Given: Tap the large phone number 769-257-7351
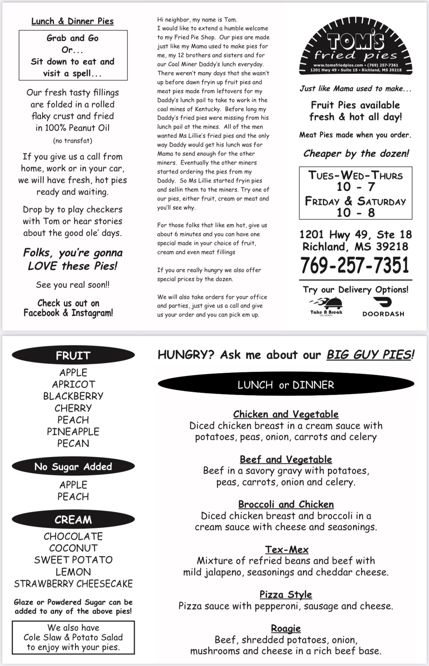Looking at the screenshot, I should tap(355, 265).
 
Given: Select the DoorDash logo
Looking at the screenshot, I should tap(383, 307).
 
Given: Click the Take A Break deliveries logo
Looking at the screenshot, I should tap(326, 307).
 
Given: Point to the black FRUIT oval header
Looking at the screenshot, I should tap(73, 355).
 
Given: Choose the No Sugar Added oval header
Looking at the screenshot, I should tap(73, 467).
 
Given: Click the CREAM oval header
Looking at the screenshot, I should tap(73, 520).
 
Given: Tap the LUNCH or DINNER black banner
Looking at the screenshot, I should tap(286, 384).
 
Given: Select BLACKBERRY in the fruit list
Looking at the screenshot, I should tap(73, 396).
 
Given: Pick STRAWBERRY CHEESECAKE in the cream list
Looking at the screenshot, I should tap(73, 584).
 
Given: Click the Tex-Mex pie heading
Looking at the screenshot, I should tap(287, 549).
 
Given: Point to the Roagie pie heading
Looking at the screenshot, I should tap(286, 628).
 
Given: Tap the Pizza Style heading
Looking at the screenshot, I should tap(286, 594).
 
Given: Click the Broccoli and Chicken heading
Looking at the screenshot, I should tap(286, 504).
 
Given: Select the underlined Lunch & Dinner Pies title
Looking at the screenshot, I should tap(73, 21).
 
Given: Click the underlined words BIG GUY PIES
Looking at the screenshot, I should tap(369, 355).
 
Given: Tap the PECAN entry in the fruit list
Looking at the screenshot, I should tap(73, 443).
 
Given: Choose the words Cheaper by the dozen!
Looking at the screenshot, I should tap(356, 153).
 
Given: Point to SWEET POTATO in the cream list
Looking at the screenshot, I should tap(73, 560).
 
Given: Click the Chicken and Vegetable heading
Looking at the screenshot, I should tap(286, 414).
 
